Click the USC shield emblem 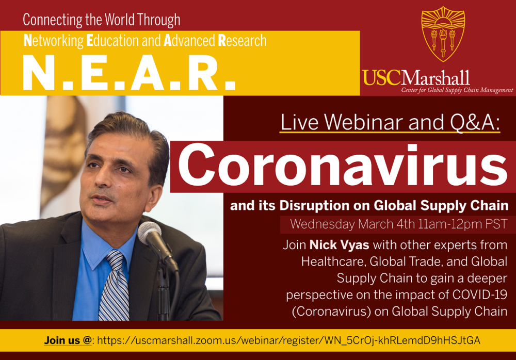pos(443,35)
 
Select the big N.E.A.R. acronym pos(129,73)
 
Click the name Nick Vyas pos(340,245)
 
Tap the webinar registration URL pos(288,340)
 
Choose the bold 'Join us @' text pos(68,340)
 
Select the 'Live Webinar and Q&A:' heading pos(390,122)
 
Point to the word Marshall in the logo pos(436,78)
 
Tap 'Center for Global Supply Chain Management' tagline pos(457,90)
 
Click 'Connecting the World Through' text pos(101,20)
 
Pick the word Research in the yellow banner pos(242,40)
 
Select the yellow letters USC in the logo pos(382,78)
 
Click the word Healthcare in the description pos(333,261)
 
